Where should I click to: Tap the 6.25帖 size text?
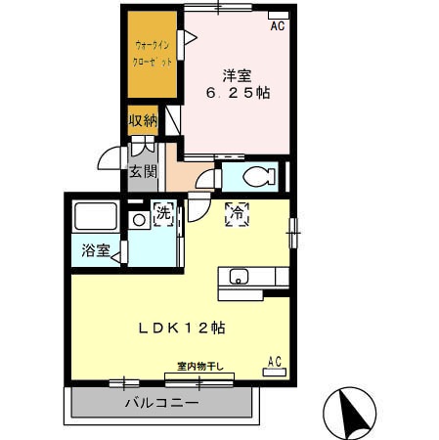[237, 93]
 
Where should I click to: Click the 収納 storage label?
[143, 121]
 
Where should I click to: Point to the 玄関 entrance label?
[142, 171]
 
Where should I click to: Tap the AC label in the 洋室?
[278, 26]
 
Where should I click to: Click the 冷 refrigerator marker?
[236, 214]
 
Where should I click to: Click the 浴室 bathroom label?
[95, 250]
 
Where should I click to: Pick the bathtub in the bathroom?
[96, 216]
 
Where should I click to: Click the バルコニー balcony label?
[161, 403]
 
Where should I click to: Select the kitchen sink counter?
[252, 278]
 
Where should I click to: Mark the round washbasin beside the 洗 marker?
[139, 220]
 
